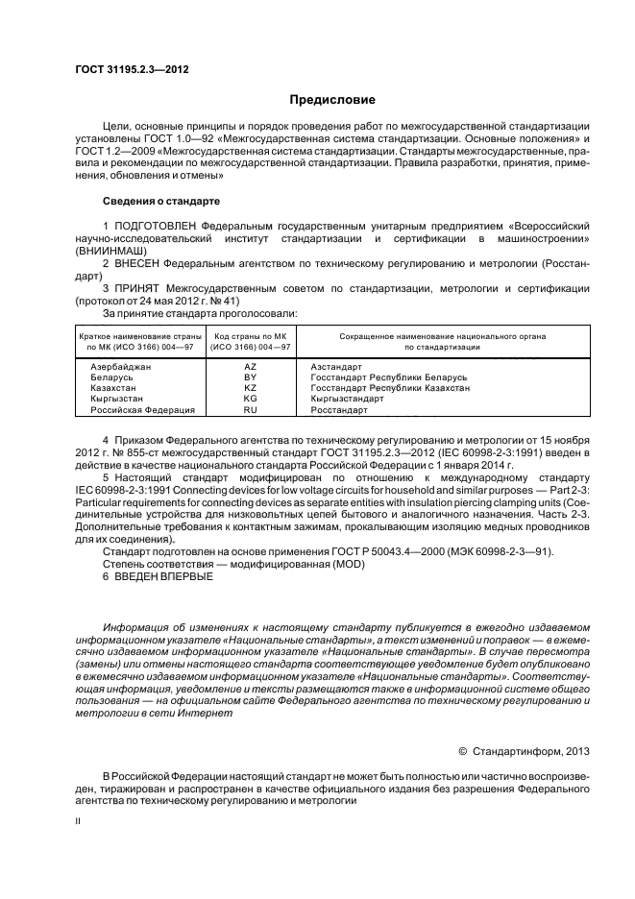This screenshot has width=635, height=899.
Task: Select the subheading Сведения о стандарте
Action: tap(161, 202)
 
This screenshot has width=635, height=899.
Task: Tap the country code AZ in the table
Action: tap(250, 367)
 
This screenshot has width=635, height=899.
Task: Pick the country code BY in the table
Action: tap(250, 377)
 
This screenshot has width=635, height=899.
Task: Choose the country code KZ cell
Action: tap(250, 388)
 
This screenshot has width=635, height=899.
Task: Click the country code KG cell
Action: tap(250, 399)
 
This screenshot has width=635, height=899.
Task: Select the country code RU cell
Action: tap(250, 409)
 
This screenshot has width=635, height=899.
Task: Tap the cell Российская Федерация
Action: tap(142, 409)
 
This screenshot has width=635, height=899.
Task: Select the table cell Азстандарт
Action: tap(336, 367)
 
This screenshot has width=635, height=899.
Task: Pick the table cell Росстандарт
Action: tap(339, 409)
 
